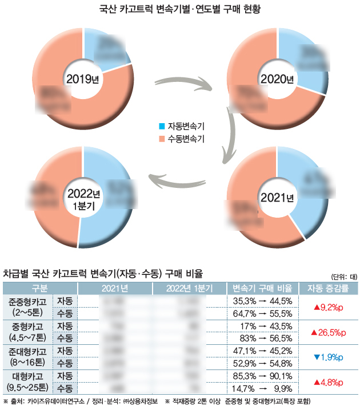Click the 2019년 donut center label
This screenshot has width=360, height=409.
(x=82, y=78)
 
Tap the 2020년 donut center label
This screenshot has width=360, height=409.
(x=277, y=78)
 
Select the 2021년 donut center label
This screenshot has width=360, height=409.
(x=277, y=198)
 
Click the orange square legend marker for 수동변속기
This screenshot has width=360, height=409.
(x=162, y=139)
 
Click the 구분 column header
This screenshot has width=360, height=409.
(x=39, y=288)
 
